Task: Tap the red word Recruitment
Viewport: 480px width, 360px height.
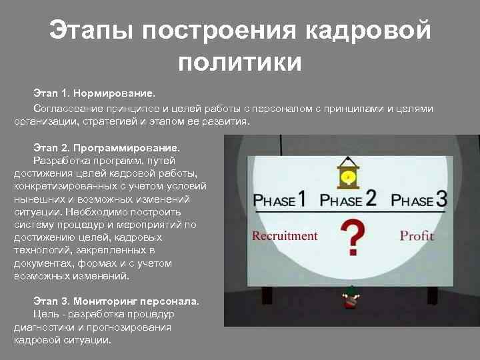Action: (285, 235)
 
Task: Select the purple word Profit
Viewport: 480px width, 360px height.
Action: (417, 235)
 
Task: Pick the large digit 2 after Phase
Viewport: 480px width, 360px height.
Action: (370, 198)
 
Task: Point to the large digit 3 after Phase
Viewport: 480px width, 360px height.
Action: (441, 198)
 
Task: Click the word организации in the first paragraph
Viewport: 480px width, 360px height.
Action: (44, 122)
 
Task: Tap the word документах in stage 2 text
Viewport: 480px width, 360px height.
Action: (39, 263)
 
